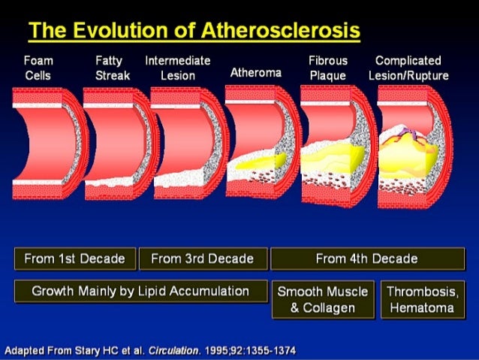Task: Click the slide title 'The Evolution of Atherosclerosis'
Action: coord(194,31)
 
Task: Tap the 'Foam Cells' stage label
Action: coord(38,68)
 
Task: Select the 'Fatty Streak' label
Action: coord(112,68)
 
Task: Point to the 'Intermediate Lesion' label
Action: coord(178,68)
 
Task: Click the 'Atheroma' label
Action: coord(255,73)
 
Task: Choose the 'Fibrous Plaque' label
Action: coord(328,68)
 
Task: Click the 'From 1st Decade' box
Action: coord(75,259)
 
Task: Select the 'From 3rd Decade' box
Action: coord(202,259)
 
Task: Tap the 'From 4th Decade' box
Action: coord(367,259)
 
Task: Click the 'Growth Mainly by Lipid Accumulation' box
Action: coord(140,291)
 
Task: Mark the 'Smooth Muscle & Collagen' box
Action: coord(324,299)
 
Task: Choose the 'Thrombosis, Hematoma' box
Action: coord(420,299)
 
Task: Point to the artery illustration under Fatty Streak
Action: coord(116,143)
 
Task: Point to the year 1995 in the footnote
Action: coord(218,351)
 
